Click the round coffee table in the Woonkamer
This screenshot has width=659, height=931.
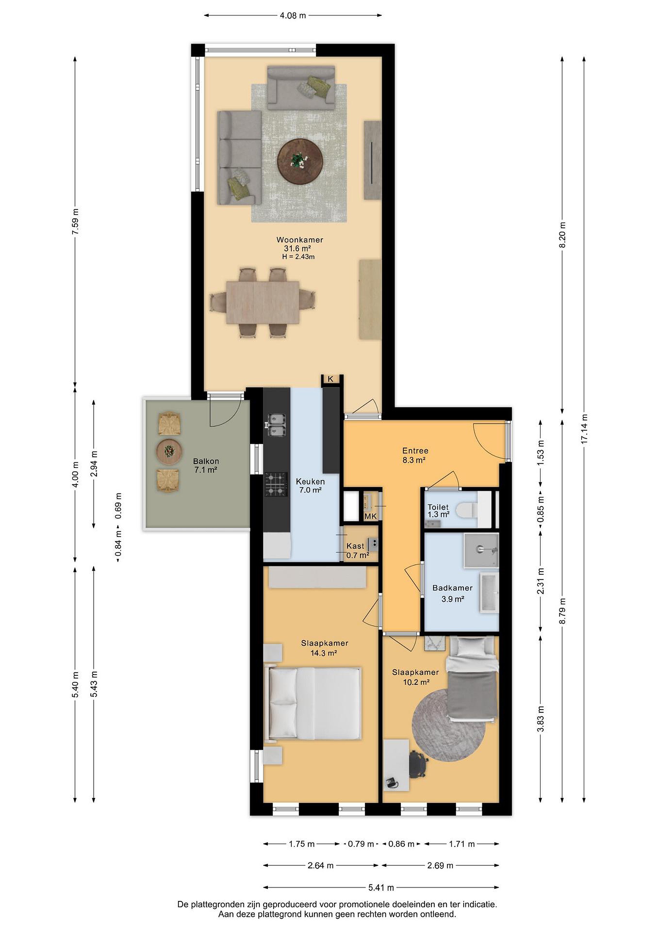(300, 162)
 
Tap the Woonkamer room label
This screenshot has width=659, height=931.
(300, 240)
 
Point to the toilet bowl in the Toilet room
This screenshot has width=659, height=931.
(467, 510)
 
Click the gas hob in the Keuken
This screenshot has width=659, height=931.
(276, 485)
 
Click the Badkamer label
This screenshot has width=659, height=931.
(453, 588)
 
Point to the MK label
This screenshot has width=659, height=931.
(370, 517)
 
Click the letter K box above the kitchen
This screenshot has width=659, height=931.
(331, 379)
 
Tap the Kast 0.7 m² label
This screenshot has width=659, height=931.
(357, 551)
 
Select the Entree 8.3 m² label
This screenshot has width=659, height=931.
(415, 455)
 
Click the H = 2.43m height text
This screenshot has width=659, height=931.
(298, 257)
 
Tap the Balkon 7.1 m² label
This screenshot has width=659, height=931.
(206, 465)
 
